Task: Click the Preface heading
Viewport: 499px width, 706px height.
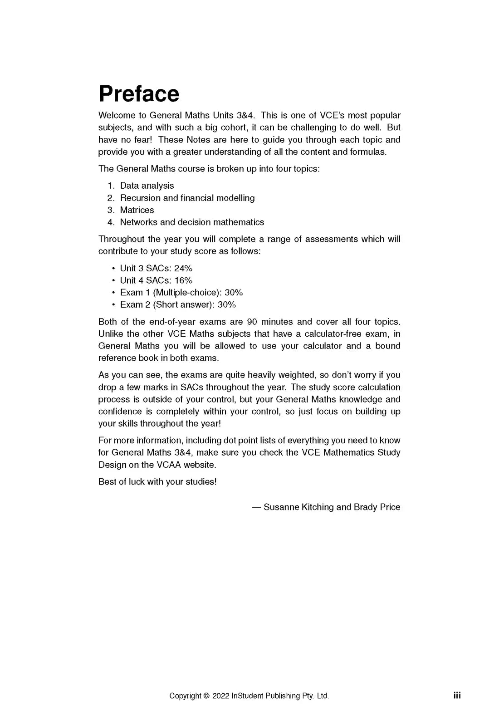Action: [x=139, y=93]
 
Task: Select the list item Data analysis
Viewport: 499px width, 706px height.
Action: [x=147, y=186]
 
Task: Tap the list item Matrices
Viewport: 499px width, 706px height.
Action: [x=137, y=210]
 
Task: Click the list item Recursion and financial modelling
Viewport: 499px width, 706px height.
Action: [x=187, y=198]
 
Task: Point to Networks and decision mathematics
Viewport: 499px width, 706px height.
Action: [x=191, y=222]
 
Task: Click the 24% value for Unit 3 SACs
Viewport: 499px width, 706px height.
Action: [x=183, y=268]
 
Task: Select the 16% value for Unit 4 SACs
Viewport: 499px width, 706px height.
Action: [x=183, y=280]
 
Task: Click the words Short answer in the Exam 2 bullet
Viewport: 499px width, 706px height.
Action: [x=183, y=305]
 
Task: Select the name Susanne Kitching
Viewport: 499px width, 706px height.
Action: [x=298, y=507]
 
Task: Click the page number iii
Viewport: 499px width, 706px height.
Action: [x=457, y=695]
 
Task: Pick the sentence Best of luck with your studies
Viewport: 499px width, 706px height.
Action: [x=157, y=482]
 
